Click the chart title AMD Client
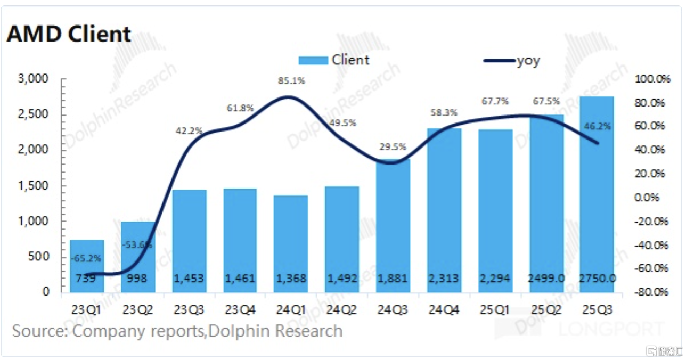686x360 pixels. pyautogui.click(x=69, y=34)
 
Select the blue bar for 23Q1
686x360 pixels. pyautogui.click(x=87, y=266)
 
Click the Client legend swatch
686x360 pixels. pyautogui.click(x=313, y=60)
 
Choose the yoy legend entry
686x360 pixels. pyautogui.click(x=511, y=60)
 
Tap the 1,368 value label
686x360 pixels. pyautogui.click(x=291, y=278)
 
